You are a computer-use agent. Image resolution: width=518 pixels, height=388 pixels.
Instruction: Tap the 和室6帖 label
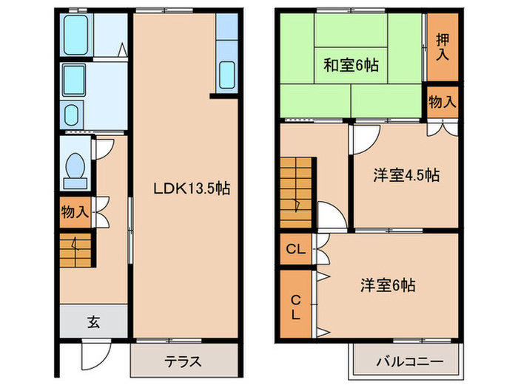[351, 66]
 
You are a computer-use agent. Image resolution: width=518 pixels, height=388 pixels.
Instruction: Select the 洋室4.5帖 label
[406, 176]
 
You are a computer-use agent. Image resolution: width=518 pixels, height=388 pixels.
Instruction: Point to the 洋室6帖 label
[388, 285]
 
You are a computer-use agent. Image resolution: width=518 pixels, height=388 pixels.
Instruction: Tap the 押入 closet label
[442, 47]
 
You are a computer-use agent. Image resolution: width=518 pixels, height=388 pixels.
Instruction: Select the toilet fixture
[75, 168]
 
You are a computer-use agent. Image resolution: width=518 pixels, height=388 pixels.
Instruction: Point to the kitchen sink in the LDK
[226, 75]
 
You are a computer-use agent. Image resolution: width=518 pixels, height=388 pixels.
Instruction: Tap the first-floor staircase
[75, 250]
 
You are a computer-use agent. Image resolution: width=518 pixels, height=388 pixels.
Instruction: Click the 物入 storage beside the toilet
[75, 212]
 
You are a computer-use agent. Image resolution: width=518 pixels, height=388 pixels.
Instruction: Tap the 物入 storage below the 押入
[442, 102]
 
